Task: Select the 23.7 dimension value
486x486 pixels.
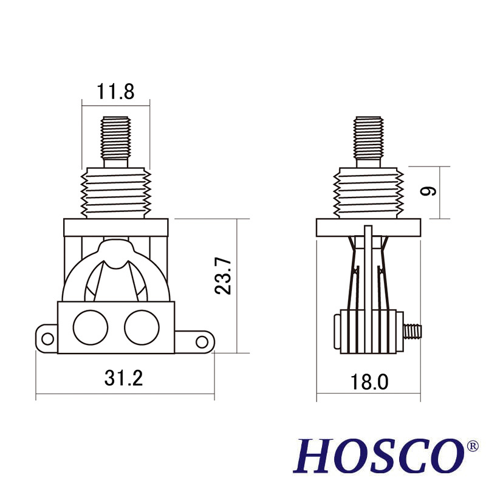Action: [x=224, y=275]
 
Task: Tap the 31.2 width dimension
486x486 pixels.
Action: [x=123, y=378]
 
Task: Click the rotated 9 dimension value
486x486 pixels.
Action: [x=428, y=191]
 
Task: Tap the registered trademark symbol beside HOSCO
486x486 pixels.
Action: [x=473, y=447]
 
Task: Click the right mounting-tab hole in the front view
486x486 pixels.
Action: [x=201, y=341]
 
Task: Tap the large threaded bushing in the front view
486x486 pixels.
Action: [x=115, y=193]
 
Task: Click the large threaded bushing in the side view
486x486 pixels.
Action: [x=368, y=193]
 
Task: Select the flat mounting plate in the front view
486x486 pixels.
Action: [x=115, y=228]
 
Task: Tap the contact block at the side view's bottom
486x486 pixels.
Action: [x=369, y=331]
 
